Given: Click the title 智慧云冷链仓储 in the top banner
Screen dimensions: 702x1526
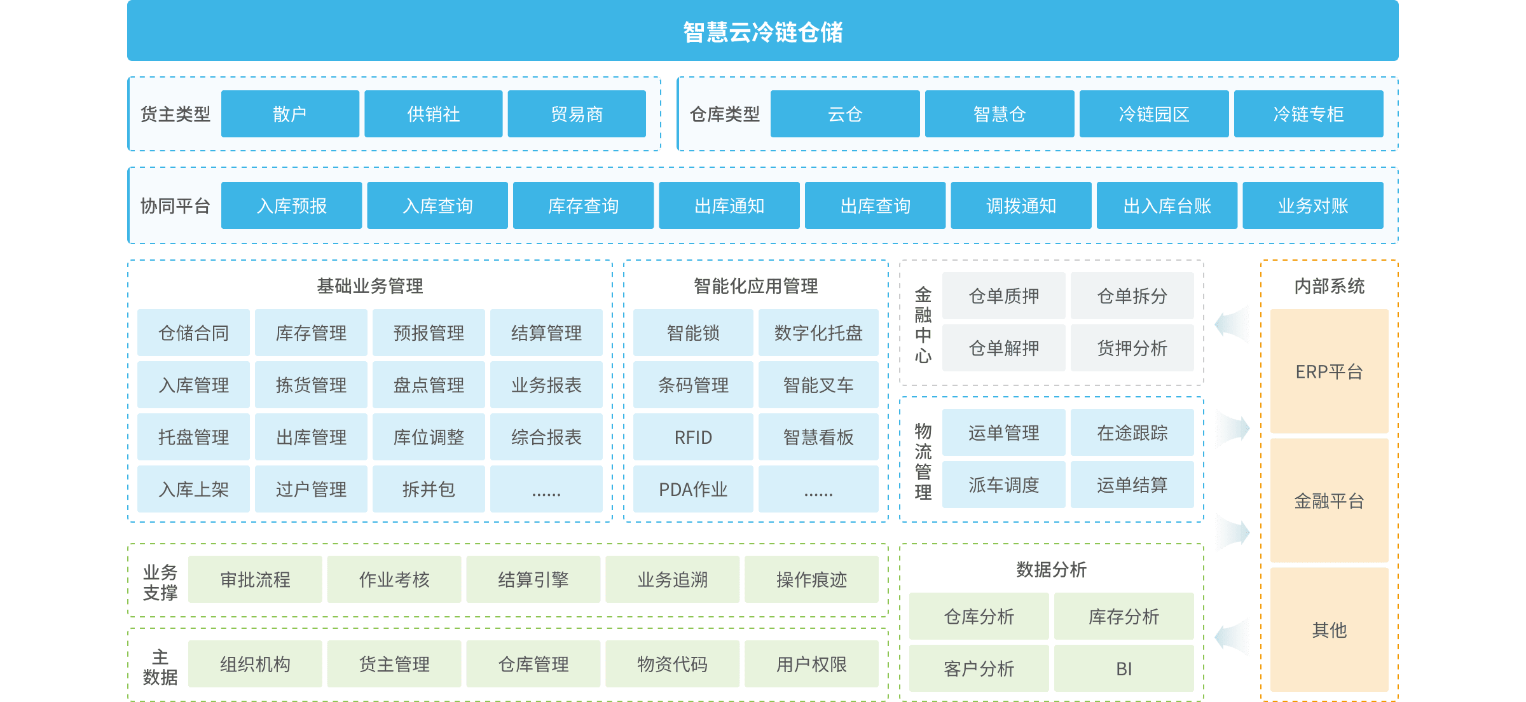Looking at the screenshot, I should [762, 32].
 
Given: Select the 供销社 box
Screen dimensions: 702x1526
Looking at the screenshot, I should [433, 114].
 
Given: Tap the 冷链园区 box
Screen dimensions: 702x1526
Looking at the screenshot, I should [1153, 114].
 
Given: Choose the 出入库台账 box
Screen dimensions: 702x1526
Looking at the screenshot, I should [1167, 205].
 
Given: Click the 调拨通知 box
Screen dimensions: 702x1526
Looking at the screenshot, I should [1021, 205].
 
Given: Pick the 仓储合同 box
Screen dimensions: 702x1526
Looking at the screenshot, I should [193, 333].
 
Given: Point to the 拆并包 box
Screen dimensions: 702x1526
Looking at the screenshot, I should [429, 489].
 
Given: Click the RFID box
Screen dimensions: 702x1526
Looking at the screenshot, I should [693, 437].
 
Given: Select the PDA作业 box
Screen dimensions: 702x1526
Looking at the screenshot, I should [693, 489].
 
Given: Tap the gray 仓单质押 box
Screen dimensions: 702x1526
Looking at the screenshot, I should [1003, 296].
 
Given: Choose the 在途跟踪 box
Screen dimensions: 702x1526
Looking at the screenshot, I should [1132, 432].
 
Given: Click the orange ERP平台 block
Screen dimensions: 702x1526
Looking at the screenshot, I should [1329, 371].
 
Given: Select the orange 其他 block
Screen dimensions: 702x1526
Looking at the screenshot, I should [1329, 630].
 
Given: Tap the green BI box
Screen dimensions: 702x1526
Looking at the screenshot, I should [1124, 668].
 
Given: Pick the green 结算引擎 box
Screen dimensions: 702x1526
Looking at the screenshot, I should [533, 579].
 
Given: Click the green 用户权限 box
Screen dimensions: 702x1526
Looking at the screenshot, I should [811, 664].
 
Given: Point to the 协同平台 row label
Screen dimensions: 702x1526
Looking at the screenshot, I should [175, 205].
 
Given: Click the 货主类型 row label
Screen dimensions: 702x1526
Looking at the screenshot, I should [175, 114].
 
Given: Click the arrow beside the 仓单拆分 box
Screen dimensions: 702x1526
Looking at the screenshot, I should [1232, 324].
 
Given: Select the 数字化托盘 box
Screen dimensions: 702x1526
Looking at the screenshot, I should [818, 333].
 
